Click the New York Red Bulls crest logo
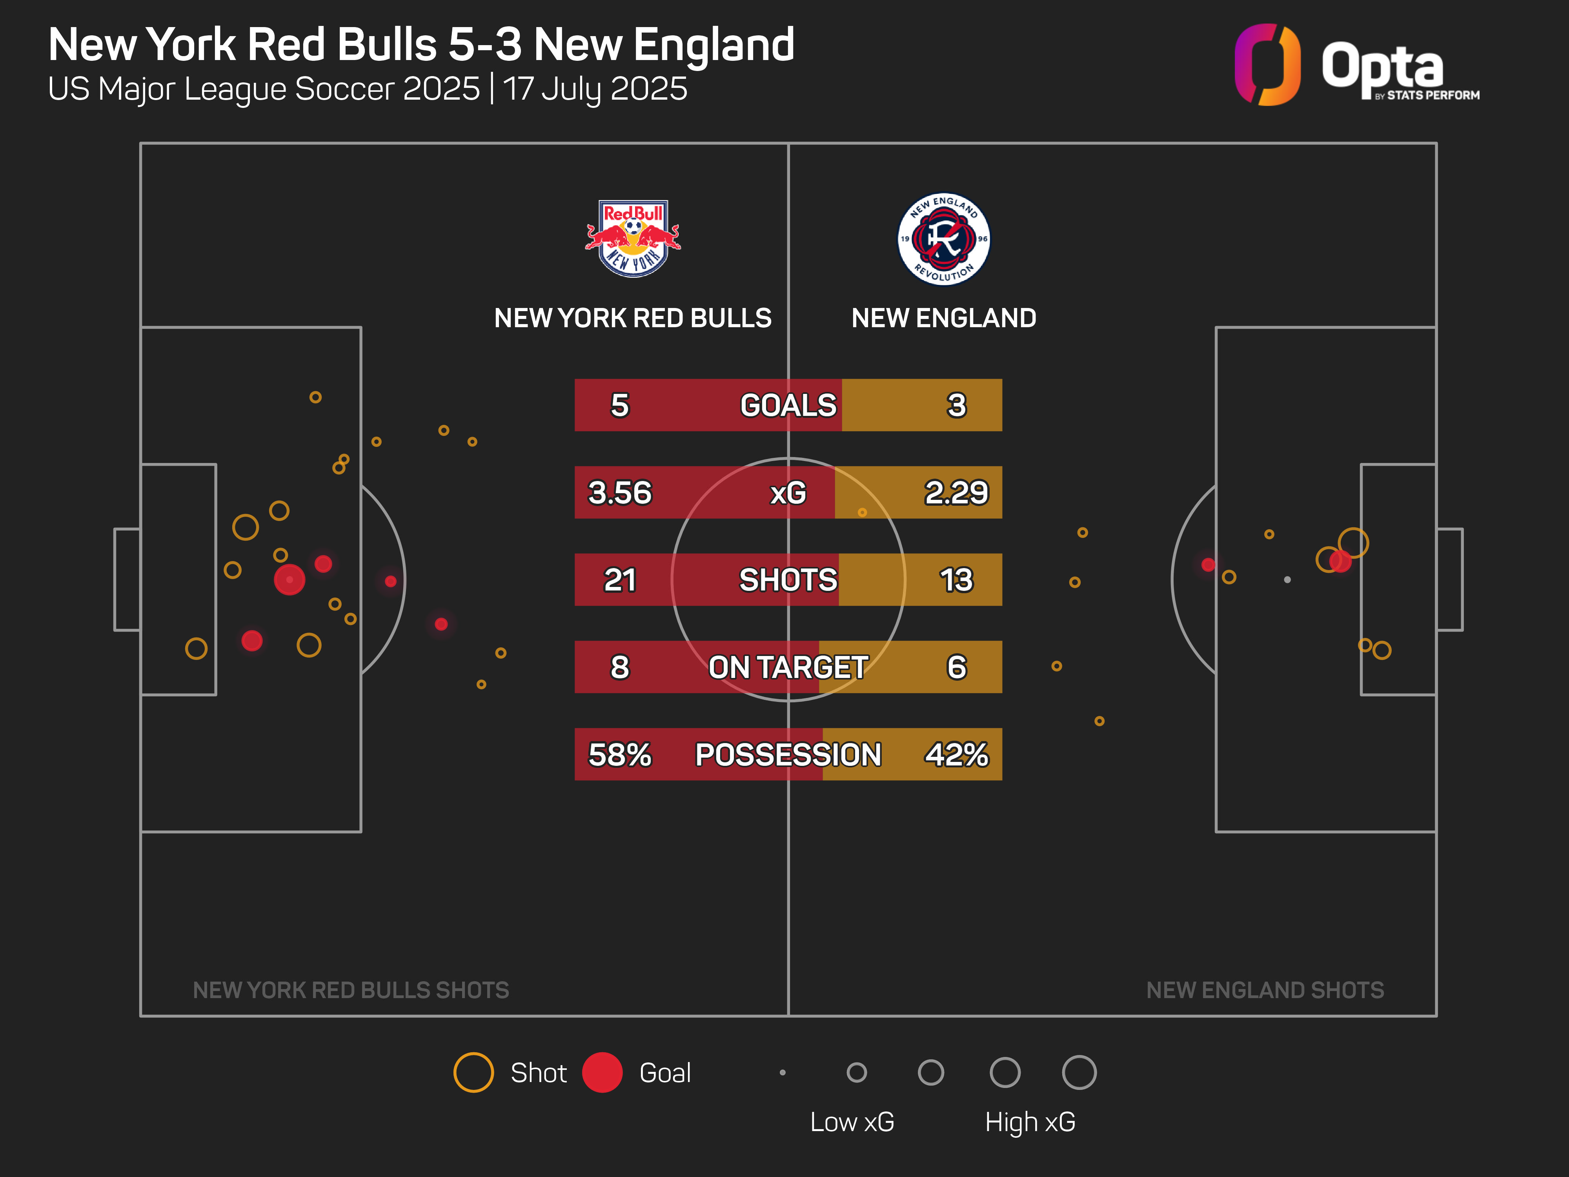(633, 239)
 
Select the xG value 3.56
(620, 492)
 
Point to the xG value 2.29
(956, 492)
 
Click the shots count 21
(620, 579)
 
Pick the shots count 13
(956, 579)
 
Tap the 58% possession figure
(620, 754)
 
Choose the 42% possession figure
(956, 754)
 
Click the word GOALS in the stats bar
(788, 405)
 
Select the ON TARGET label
(788, 667)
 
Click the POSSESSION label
(788, 754)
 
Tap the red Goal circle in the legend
(602, 1072)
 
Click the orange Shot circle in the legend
(474, 1072)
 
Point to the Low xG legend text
(852, 1122)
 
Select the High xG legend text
(1030, 1122)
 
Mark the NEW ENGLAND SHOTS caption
(1265, 990)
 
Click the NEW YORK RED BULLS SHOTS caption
(351, 990)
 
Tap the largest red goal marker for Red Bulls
(289, 579)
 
